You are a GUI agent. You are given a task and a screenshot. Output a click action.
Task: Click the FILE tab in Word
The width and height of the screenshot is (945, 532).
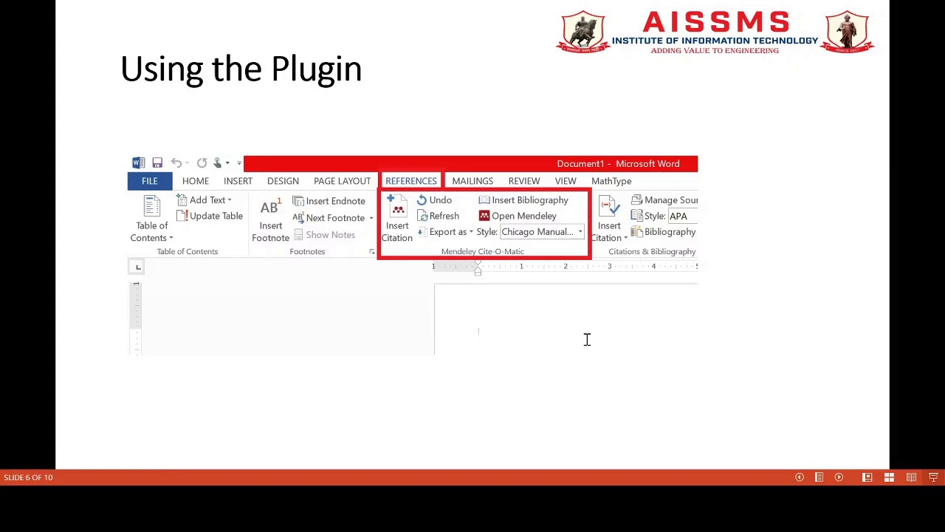tap(149, 181)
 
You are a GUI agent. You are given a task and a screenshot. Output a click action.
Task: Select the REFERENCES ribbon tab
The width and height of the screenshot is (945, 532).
tap(410, 181)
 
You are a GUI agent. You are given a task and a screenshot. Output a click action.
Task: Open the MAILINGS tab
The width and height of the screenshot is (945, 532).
tap(472, 181)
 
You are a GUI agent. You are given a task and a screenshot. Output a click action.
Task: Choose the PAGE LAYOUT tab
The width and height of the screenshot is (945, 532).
tap(342, 181)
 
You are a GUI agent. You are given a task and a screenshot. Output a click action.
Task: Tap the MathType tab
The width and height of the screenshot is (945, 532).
tap(611, 181)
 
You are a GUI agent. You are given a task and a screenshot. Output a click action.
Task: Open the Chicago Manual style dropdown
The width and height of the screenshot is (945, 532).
tap(580, 232)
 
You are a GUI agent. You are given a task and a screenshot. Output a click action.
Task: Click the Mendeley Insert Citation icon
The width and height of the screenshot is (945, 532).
tap(397, 210)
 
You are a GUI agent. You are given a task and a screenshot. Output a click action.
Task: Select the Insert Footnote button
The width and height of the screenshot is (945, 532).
tap(270, 219)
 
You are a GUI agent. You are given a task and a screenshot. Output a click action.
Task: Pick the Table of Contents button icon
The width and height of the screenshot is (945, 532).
tap(151, 208)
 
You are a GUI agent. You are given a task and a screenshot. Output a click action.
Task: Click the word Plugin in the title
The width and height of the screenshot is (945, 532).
tap(316, 69)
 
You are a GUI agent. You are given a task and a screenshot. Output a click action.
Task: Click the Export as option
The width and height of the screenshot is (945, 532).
tap(447, 232)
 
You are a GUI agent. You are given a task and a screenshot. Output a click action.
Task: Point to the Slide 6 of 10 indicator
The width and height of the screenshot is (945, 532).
tap(28, 477)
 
